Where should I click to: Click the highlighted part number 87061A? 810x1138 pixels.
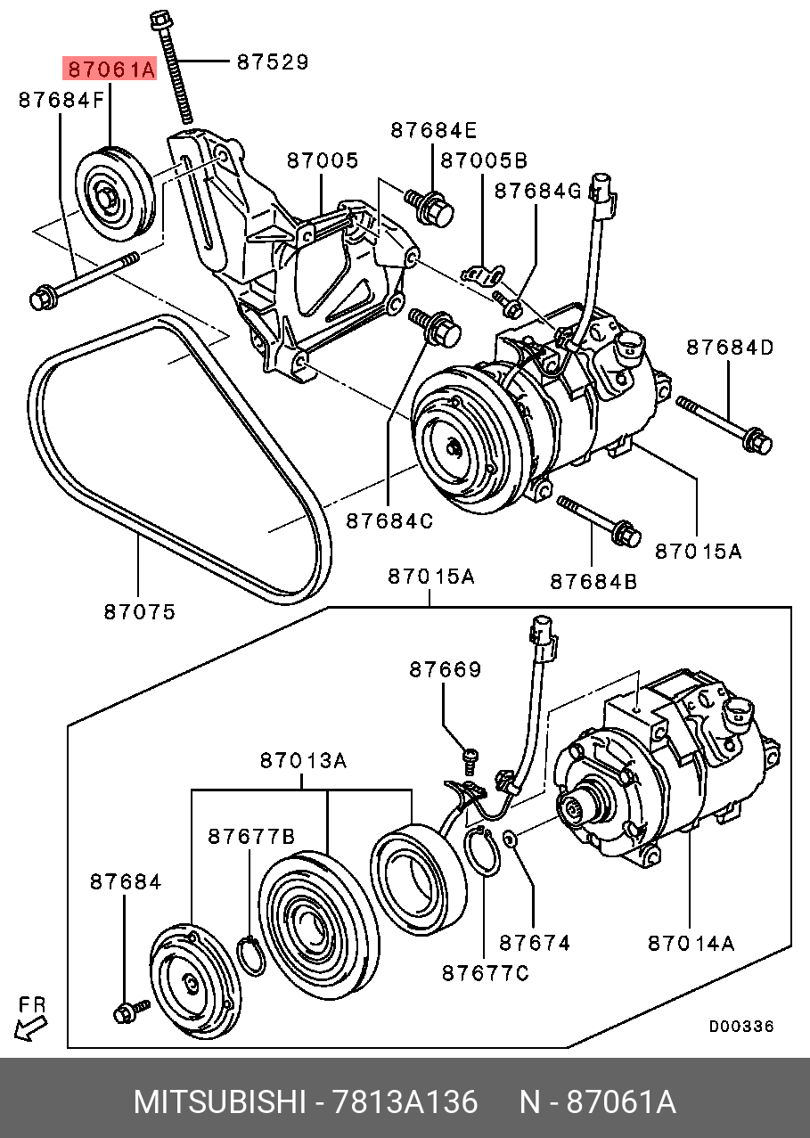coord(108,68)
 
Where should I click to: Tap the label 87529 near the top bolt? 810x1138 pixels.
coord(272,61)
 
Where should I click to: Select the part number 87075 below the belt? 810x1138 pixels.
coord(139,611)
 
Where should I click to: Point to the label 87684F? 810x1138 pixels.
coord(61,101)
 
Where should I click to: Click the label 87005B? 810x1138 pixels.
coord(484,160)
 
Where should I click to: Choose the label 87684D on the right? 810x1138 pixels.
coord(729,347)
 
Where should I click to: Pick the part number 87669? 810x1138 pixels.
coord(445,668)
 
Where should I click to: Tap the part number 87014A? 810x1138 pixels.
coord(691,942)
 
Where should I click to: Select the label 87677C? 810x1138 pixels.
coord(485,973)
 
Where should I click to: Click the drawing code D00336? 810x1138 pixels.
coord(740,1026)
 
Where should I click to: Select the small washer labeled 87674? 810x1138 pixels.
coord(509,839)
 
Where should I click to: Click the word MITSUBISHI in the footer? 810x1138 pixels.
coord(219,1102)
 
